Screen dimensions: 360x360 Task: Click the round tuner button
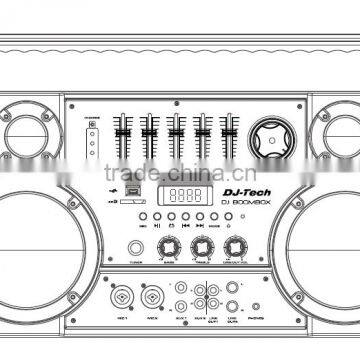pos(135,248)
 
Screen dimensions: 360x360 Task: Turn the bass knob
pos(169,246)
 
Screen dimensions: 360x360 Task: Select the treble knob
pos(203,246)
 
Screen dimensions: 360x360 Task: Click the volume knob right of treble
pos(237,246)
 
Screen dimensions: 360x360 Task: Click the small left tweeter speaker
pos(29,132)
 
